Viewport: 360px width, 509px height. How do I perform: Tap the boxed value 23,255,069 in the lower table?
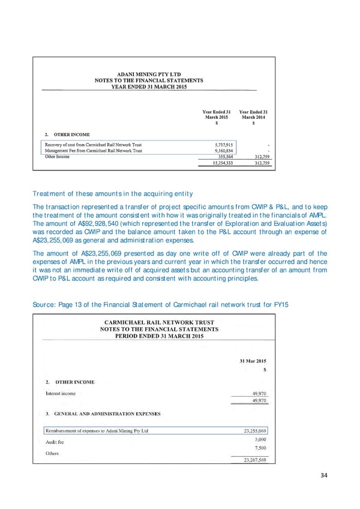(x=254, y=431)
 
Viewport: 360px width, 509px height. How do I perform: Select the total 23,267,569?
(x=254, y=460)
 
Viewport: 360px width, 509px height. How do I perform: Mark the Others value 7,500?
(x=260, y=447)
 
